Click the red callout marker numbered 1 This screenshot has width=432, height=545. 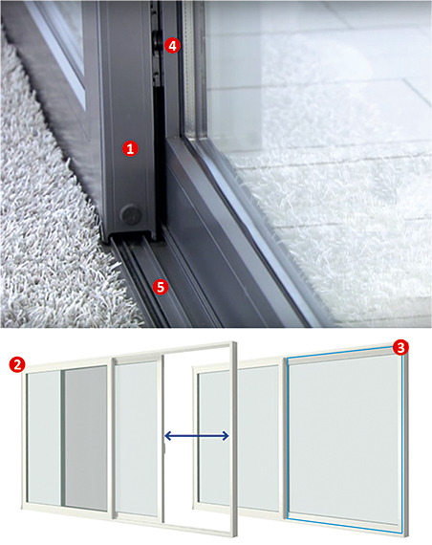coord(130,149)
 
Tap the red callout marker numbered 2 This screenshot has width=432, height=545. coord(17,364)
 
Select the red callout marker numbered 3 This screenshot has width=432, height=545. coord(400,348)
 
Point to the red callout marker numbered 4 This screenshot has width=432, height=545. coord(172,46)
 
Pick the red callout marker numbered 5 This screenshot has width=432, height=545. coord(161,287)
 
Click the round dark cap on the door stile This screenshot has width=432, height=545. coord(130,213)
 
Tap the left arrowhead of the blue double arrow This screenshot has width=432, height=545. coord(167,435)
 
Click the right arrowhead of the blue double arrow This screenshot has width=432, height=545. coord(226,435)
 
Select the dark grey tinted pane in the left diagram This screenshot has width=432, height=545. coord(86,439)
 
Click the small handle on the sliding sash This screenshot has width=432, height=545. coord(165,448)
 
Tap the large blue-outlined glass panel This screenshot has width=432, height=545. coord(344,440)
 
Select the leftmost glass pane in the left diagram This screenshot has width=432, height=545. coord(45,438)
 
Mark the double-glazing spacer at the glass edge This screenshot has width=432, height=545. coord(190,70)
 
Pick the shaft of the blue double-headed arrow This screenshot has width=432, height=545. coord(196,435)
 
